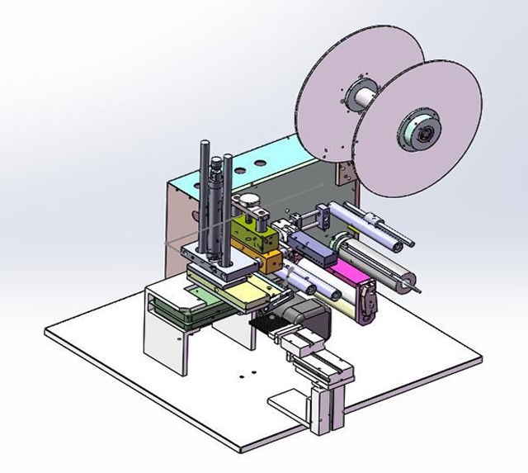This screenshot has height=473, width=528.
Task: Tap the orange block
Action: pyautogui.click(x=271, y=263)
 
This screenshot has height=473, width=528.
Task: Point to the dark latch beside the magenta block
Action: pyautogui.click(x=365, y=299)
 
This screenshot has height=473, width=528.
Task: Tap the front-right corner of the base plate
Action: pyautogui.click(x=483, y=357)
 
